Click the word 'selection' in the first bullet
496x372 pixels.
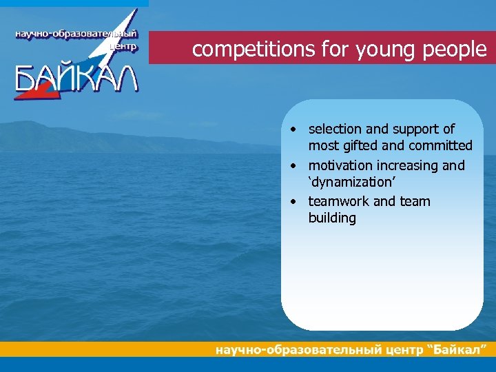point(336,129)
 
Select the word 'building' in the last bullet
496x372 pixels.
point(332,218)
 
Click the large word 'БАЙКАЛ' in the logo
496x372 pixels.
point(76,79)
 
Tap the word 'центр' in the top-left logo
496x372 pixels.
point(123,48)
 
